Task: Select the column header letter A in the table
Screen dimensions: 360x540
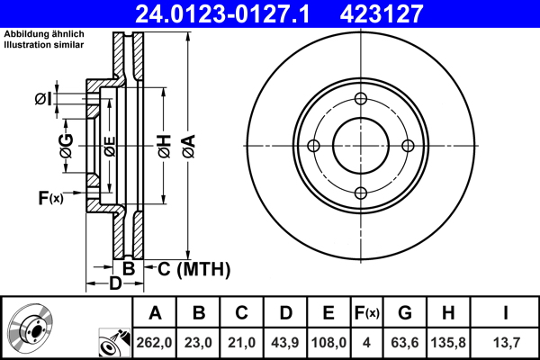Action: pos(155,313)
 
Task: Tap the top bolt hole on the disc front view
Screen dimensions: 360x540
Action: pos(360,100)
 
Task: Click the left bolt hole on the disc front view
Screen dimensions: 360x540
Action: pos(314,146)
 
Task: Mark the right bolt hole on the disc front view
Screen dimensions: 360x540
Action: pos(407,146)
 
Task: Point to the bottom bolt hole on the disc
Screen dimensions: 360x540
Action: pos(360,192)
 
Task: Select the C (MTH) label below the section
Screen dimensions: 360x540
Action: pos(194,269)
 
